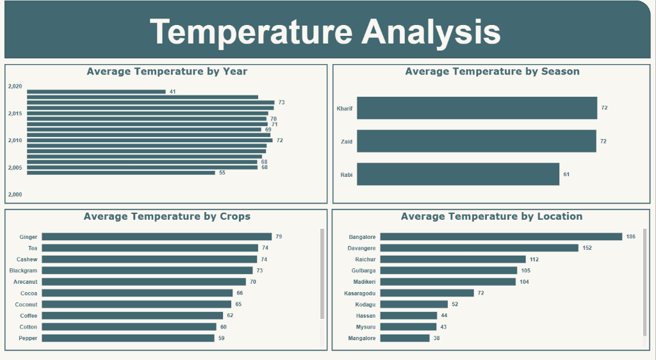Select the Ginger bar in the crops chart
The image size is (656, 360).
click(x=157, y=237)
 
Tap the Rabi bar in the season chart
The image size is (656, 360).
click(x=457, y=174)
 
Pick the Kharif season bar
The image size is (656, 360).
click(x=477, y=108)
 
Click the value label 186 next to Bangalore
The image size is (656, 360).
click(x=631, y=236)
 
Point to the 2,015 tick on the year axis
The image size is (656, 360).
click(x=15, y=113)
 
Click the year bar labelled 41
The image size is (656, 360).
click(x=96, y=92)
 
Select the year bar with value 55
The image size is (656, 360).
click(x=121, y=172)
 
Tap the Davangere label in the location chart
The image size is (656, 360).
click(x=362, y=248)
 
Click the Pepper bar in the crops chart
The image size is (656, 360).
click(x=128, y=338)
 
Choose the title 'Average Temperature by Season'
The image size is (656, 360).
click(x=492, y=71)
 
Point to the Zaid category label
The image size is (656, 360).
click(x=346, y=141)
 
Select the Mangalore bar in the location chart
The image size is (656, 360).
click(x=405, y=338)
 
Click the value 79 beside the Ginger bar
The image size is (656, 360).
click(x=279, y=237)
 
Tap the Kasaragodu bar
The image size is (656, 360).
click(x=427, y=293)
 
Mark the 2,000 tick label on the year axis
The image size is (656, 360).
click(x=15, y=194)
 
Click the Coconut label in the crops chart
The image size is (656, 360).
click(x=26, y=304)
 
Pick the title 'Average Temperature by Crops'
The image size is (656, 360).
click(x=167, y=217)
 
